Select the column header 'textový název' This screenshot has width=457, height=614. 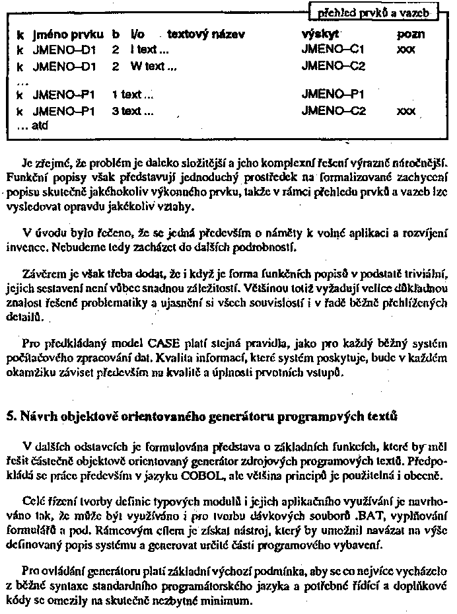pyautogui.click(x=206, y=33)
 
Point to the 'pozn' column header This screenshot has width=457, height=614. pyautogui.click(x=411, y=33)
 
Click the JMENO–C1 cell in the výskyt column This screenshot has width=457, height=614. pyautogui.click(x=333, y=48)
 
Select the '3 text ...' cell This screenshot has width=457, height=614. pyautogui.click(x=133, y=112)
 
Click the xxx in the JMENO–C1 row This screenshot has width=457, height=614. pyautogui.click(x=406, y=48)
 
